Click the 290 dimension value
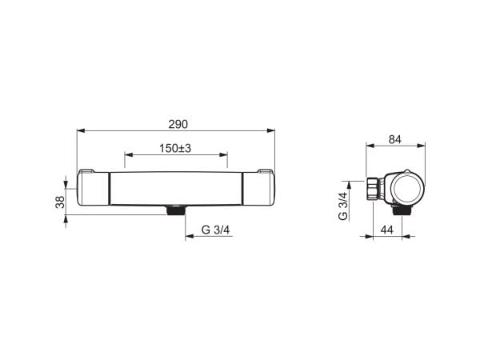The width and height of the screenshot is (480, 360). point(178,124)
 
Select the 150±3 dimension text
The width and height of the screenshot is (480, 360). point(175,149)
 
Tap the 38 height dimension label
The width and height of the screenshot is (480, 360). point(60,202)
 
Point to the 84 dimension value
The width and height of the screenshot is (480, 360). point(395,139)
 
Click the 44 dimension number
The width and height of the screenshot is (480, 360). point(386,230)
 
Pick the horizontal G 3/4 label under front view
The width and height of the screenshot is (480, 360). point(215,230)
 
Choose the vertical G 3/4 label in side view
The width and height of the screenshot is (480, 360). point(343,206)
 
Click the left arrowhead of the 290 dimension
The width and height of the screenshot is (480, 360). point(81,130)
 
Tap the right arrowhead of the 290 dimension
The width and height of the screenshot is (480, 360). point(271,130)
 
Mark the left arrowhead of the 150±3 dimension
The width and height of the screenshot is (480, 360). point(129,155)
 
